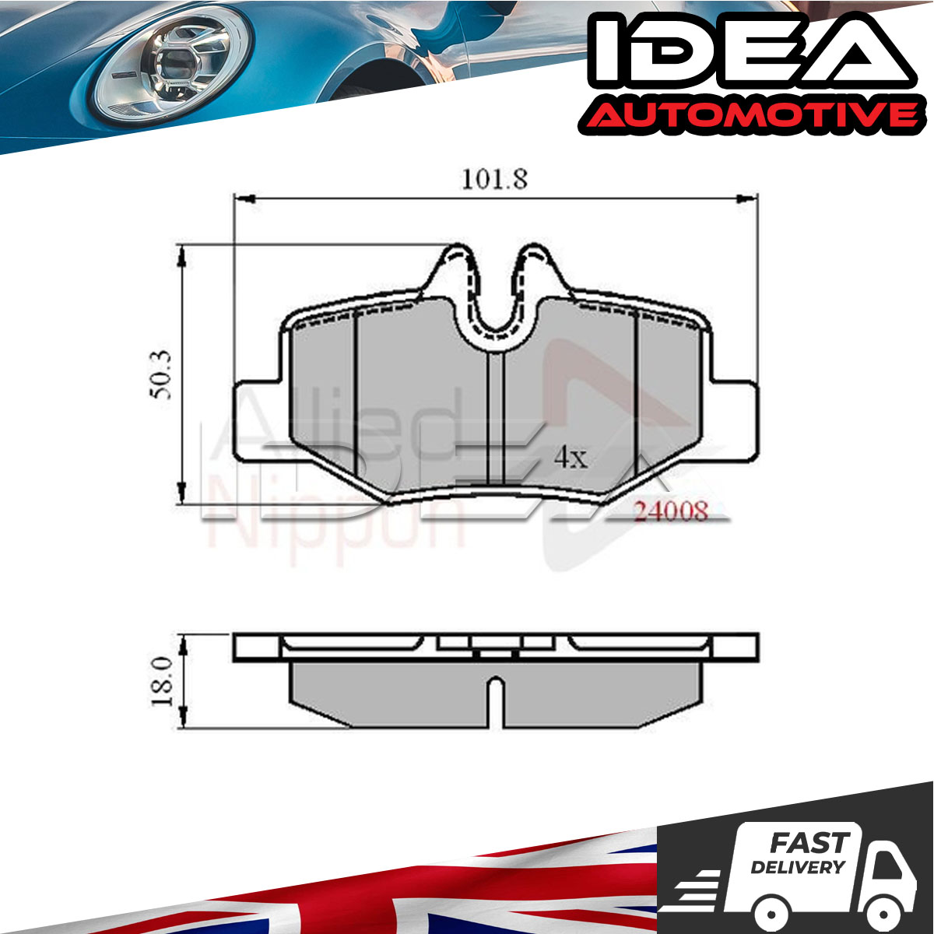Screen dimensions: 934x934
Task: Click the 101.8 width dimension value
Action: (x=494, y=179)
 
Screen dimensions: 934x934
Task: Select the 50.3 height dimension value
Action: (x=160, y=374)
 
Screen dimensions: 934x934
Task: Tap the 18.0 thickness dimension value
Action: (x=163, y=682)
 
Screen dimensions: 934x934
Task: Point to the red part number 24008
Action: (x=671, y=511)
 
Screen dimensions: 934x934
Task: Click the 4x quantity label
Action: (x=571, y=457)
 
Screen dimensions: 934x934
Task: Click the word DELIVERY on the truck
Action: (x=798, y=867)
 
